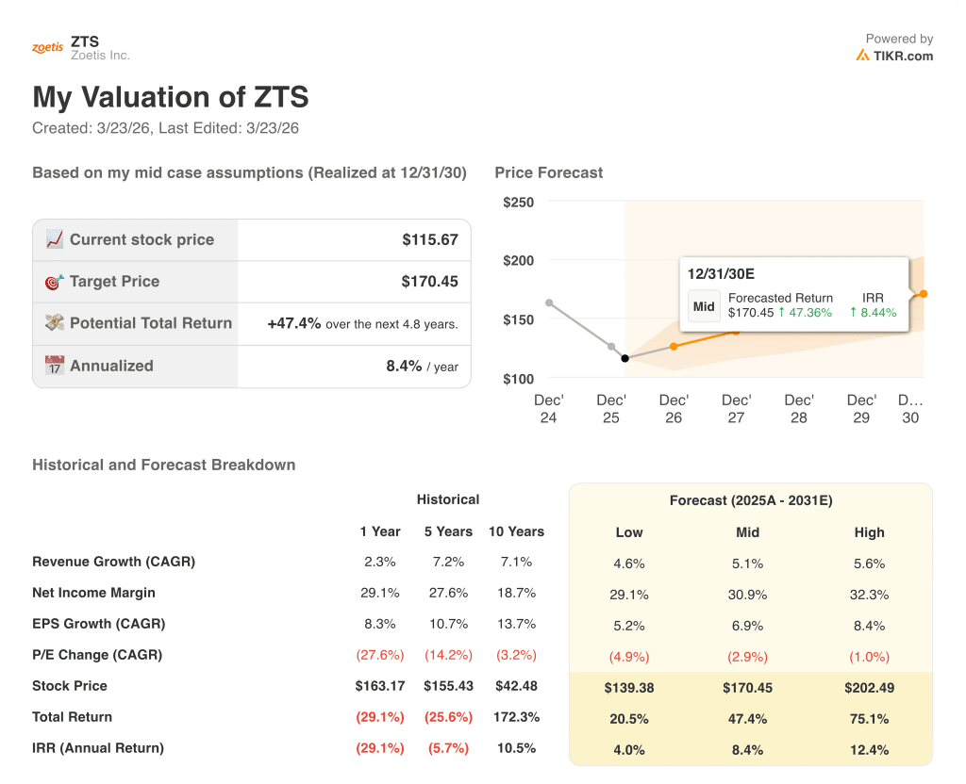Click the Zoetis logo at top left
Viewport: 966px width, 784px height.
pos(47,48)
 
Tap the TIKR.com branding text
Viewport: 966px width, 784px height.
pos(902,56)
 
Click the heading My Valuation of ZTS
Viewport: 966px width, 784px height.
pos(171,97)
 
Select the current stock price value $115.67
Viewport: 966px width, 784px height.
pos(429,239)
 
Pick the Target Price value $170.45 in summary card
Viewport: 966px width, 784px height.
pos(429,281)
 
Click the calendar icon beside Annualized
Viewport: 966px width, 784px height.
pos(55,366)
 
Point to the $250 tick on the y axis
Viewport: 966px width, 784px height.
pos(518,202)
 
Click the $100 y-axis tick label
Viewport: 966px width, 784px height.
pos(518,379)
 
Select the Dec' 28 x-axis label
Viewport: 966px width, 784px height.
pos(798,409)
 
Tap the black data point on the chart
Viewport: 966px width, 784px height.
pos(625,358)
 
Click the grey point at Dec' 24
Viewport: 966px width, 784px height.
pos(549,302)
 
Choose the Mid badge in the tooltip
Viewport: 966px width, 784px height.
pos(704,306)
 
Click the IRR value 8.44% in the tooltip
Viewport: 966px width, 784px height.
pos(873,313)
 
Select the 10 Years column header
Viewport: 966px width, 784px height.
pos(516,531)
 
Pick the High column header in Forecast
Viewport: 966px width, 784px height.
pos(869,532)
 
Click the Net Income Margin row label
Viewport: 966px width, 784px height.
pos(93,593)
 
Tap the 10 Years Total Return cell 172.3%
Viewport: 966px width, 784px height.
pos(516,717)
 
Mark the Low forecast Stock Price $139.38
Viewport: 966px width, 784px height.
pos(629,688)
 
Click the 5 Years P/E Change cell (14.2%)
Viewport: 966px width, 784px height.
pos(448,655)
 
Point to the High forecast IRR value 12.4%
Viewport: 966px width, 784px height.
pos(869,750)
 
